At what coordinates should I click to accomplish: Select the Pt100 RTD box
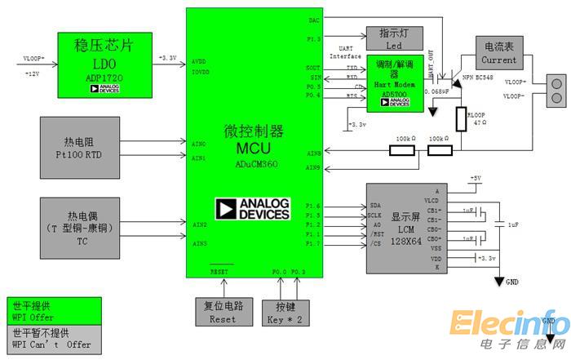click(x=81, y=146)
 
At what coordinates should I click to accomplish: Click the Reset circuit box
click(x=222, y=312)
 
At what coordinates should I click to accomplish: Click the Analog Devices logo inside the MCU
click(x=253, y=209)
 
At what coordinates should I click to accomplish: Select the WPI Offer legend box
click(x=54, y=311)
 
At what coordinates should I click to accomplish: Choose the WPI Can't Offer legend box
click(x=54, y=339)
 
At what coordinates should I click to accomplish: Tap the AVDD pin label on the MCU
click(x=198, y=61)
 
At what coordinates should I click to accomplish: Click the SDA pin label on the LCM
click(x=376, y=206)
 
